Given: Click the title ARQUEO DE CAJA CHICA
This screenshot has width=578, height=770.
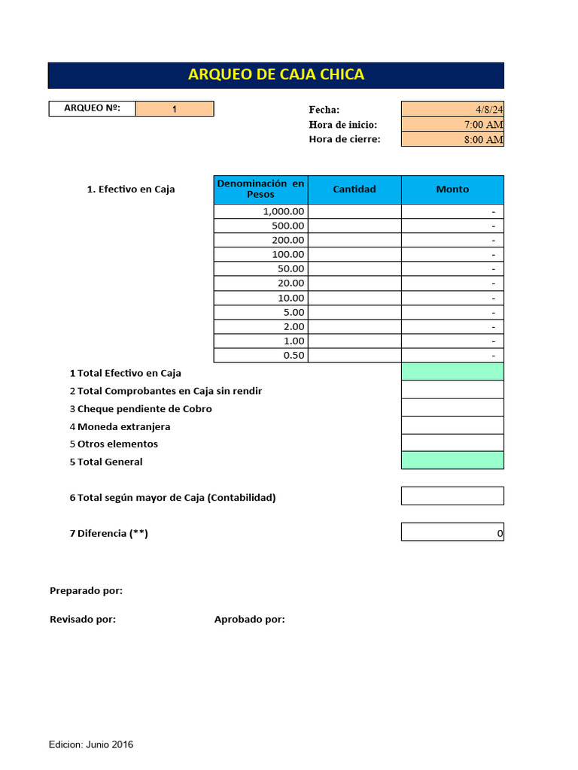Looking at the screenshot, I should click(x=275, y=74).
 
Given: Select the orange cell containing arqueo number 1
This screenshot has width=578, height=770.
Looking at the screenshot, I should click(x=175, y=109).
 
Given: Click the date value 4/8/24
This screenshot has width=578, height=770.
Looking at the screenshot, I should click(x=452, y=109).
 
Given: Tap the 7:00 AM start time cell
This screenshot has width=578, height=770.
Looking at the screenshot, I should click(x=452, y=124).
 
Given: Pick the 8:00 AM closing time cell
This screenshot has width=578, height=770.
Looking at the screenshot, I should click(x=452, y=139).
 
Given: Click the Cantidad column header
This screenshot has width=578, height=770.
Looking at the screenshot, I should click(x=354, y=189).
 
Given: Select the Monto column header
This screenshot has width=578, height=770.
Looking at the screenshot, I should click(x=452, y=189).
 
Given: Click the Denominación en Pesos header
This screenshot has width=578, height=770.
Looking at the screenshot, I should click(x=261, y=189).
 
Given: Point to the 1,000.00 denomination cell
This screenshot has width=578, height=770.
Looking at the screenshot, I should click(x=261, y=211).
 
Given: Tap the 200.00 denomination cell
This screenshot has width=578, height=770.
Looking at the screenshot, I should click(x=261, y=240).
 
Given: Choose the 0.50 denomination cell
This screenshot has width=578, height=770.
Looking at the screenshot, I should click(x=261, y=356).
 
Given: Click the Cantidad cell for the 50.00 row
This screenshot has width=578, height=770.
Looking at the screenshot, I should click(x=354, y=268).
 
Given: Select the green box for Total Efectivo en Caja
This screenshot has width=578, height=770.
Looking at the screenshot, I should click(x=452, y=371).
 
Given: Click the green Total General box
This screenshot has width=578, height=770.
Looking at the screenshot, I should click(x=452, y=460).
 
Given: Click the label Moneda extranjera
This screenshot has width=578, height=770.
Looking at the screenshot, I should click(x=123, y=426).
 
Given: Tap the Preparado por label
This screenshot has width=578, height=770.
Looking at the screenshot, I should click(x=86, y=591).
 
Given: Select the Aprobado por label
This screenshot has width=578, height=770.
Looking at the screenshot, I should click(x=249, y=620).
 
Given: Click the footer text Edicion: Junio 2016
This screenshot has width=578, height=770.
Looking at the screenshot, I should click(x=91, y=744).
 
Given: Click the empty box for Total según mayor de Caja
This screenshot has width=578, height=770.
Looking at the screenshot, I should click(x=452, y=496).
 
